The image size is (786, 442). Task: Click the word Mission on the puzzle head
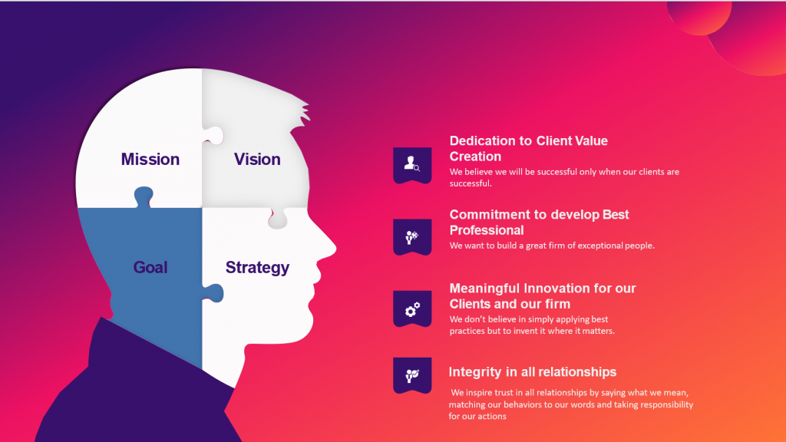pyautogui.click(x=150, y=160)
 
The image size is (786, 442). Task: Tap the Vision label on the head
pyautogui.click(x=257, y=160)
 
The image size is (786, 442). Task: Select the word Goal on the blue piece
pyautogui.click(x=150, y=267)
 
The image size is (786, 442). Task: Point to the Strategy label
pyautogui.click(x=257, y=268)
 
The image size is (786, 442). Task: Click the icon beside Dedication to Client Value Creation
pyautogui.click(x=412, y=164)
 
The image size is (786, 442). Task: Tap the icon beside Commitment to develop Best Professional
pyautogui.click(x=412, y=236)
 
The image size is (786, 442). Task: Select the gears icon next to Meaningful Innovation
pyautogui.click(x=412, y=308)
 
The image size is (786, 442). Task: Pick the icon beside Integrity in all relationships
pyautogui.click(x=412, y=375)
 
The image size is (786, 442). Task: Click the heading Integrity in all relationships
pyautogui.click(x=533, y=372)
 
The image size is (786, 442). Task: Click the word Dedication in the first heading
pyautogui.click(x=483, y=141)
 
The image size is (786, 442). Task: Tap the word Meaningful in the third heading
pyautogui.click(x=484, y=289)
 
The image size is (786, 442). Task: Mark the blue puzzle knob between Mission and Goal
pyautogui.click(x=144, y=196)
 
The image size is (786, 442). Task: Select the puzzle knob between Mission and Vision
pyautogui.click(x=213, y=136)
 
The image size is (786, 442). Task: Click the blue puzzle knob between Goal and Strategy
pyautogui.click(x=213, y=293)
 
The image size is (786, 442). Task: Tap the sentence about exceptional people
pyautogui.click(x=552, y=246)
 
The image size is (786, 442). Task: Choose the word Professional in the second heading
pyautogui.click(x=487, y=230)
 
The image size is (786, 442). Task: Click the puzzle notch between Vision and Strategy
pyautogui.click(x=278, y=219)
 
